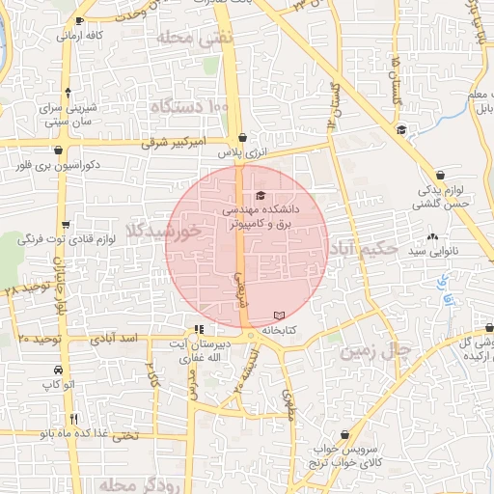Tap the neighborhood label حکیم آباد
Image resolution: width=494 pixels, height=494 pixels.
point(362,249)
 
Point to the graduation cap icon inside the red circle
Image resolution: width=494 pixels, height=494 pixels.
point(261,197)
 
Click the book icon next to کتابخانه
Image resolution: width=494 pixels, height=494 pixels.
point(280,316)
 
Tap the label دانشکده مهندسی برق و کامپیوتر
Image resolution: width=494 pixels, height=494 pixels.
point(261,214)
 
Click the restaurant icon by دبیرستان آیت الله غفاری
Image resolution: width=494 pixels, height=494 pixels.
point(199,329)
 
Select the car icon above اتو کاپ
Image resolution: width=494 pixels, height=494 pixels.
point(60,370)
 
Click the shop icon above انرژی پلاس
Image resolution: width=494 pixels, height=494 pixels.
point(240,137)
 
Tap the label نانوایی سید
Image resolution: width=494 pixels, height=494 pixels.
point(428,252)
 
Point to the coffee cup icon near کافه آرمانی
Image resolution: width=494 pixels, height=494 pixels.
point(79,20)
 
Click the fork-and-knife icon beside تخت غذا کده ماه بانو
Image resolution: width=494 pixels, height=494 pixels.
point(73,419)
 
